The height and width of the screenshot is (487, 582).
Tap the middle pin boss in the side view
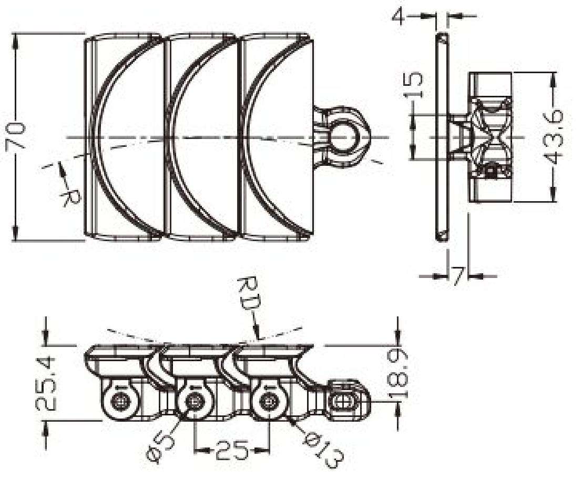[x=195, y=402]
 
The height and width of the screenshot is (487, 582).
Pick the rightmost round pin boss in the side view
[x=270, y=402]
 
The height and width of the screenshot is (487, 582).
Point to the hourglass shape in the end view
[x=493, y=138]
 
